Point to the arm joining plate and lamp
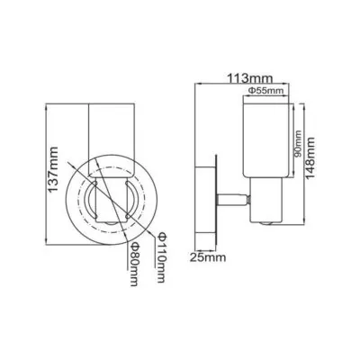coord(233,198)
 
